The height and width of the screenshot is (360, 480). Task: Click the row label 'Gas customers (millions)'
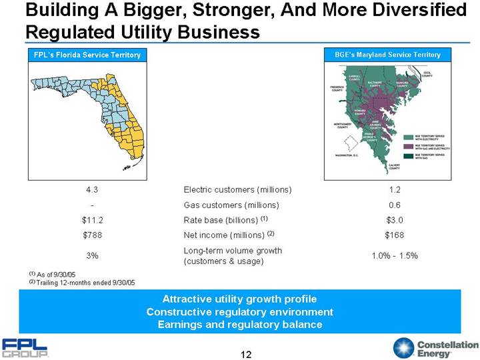pos(231,205)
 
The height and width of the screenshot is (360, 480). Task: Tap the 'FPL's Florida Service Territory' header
pos(87,55)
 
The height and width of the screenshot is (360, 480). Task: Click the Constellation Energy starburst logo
pos(405,348)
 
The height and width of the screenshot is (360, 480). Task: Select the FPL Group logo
pos(25,348)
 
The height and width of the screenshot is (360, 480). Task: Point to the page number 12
pos(246,353)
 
